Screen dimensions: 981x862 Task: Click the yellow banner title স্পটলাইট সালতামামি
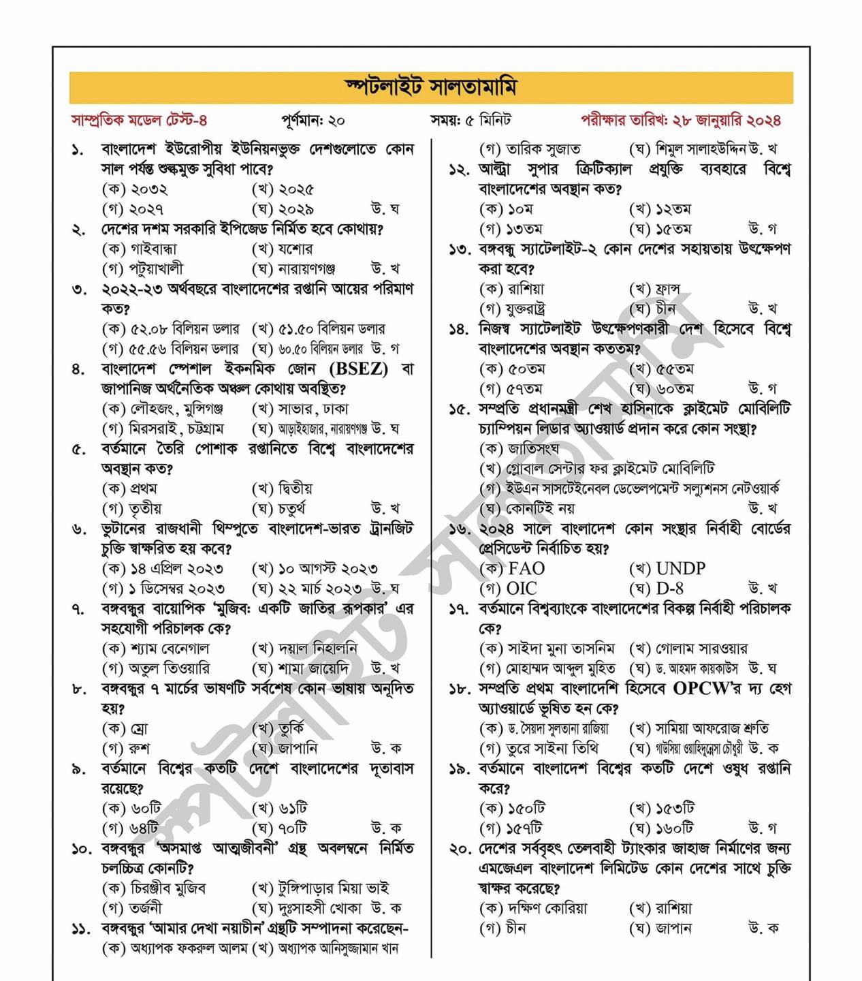pyautogui.click(x=431, y=87)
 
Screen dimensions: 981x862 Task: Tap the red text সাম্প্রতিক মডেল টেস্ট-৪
pyautogui.click(x=139, y=121)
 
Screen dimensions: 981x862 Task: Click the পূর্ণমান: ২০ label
pyautogui.click(x=313, y=121)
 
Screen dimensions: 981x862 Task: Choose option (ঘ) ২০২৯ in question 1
pyautogui.click(x=283, y=209)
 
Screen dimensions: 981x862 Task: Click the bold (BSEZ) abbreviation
pyautogui.click(x=358, y=369)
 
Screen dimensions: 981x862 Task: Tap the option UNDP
pyautogui.click(x=680, y=568)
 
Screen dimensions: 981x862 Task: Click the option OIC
pyautogui.click(x=522, y=589)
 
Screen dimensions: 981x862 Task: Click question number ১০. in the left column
pyautogui.click(x=81, y=849)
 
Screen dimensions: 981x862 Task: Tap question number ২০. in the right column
pyautogui.click(x=459, y=849)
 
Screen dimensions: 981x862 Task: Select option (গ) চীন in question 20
pyautogui.click(x=503, y=929)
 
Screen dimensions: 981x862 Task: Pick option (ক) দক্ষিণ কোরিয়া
pyautogui.click(x=533, y=909)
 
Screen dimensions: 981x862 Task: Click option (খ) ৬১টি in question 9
pyautogui.click(x=280, y=809)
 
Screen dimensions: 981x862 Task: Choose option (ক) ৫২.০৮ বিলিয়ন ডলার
pyautogui.click(x=171, y=329)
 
